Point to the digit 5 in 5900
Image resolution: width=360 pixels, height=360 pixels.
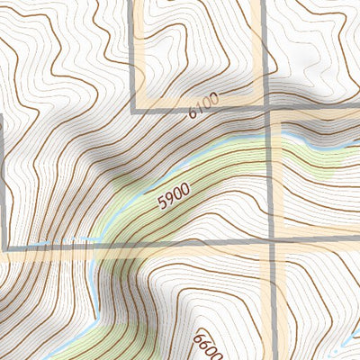(x=161, y=204)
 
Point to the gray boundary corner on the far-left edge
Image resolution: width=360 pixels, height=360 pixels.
(x=5, y=247)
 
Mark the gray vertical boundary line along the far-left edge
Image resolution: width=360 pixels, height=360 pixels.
(x=4, y=180)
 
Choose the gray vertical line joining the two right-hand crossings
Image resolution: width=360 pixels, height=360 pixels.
(x=270, y=175)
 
